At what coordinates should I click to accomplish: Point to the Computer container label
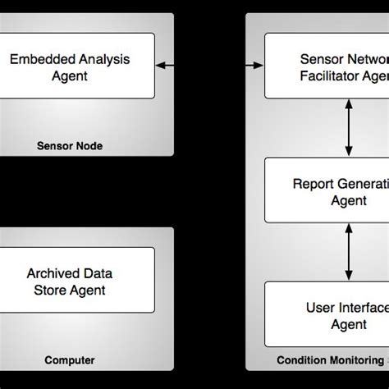coord(70,359)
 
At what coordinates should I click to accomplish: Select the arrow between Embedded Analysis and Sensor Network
coord(209,63)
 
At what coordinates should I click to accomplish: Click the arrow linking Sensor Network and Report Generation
coord(350,127)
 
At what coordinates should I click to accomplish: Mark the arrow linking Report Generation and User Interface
coord(350,252)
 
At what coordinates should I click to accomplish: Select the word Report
coord(313,183)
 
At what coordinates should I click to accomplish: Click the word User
coord(319,308)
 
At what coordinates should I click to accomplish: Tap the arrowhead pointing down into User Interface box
coord(350,276)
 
